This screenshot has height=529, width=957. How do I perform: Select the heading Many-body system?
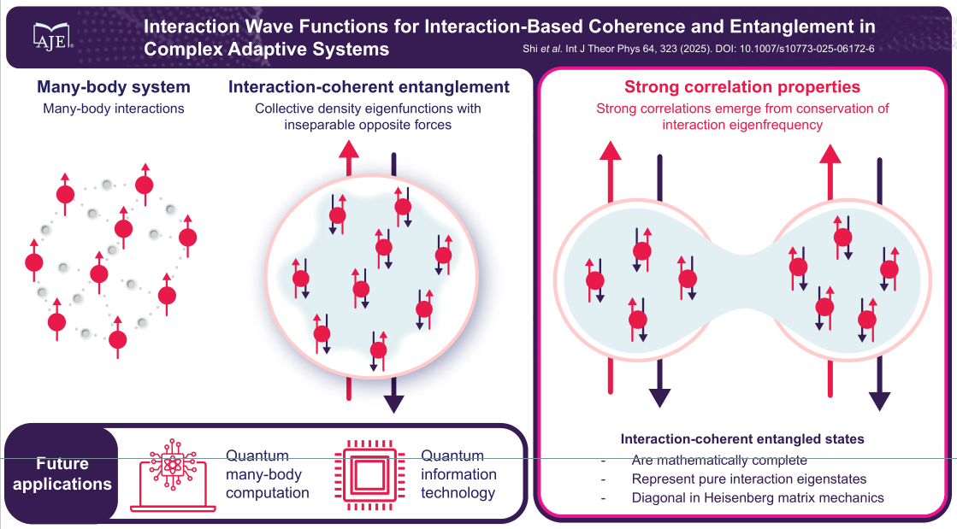click(114, 87)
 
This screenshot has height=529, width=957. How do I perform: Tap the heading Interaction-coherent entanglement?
click(369, 87)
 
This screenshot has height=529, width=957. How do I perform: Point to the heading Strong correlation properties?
click(742, 87)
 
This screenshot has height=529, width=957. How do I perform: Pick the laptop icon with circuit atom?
click(168, 477)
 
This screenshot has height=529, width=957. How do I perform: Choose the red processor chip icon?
click(372, 475)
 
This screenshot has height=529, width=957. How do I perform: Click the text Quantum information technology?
click(458, 474)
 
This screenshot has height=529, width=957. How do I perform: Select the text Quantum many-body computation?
click(267, 474)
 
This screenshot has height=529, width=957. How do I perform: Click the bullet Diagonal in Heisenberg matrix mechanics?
click(758, 497)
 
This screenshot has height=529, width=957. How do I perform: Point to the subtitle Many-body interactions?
click(114, 109)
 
